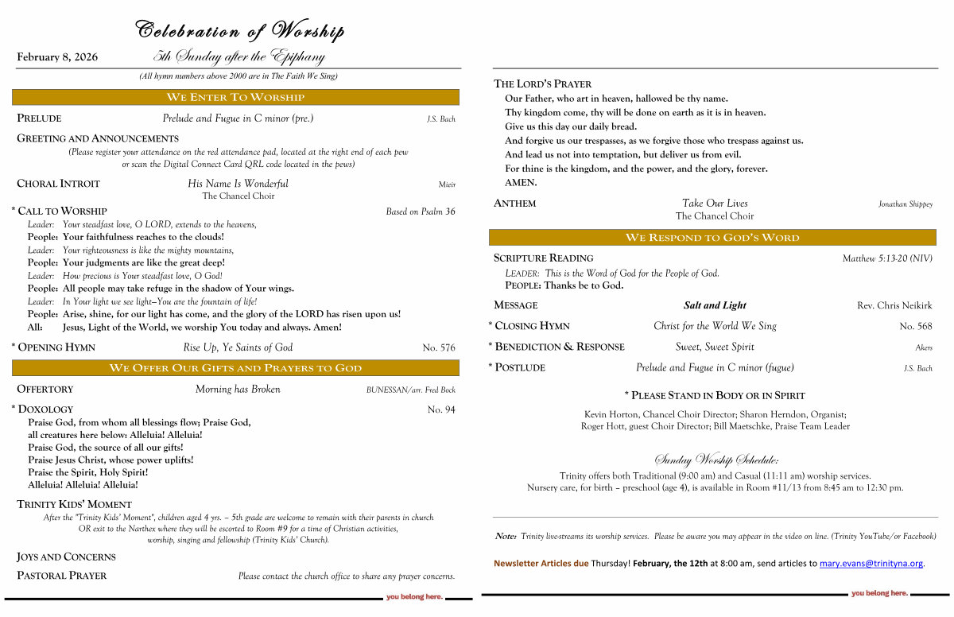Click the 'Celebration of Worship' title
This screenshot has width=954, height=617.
pyautogui.click(x=240, y=31)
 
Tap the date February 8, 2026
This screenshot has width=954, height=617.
pyautogui.click(x=57, y=57)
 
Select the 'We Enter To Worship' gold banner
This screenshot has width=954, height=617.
pyautogui.click(x=235, y=97)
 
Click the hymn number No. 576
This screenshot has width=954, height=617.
pyautogui.click(x=439, y=347)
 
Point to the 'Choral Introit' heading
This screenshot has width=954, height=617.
pyautogui.click(x=59, y=184)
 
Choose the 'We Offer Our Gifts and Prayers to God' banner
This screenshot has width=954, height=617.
pyautogui.click(x=235, y=368)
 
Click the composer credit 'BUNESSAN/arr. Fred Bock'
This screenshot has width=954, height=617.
pyautogui.click(x=410, y=390)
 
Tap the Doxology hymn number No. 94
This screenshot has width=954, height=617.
pyautogui.click(x=441, y=409)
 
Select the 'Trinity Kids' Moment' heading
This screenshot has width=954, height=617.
pyautogui.click(x=74, y=504)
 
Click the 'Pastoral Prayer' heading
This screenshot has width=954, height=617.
pyautogui.click(x=62, y=576)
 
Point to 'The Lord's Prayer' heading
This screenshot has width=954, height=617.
pyautogui.click(x=543, y=83)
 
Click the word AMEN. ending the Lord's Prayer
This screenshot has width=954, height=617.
pyautogui.click(x=521, y=183)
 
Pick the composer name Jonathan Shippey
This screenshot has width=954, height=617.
pyautogui.click(x=906, y=204)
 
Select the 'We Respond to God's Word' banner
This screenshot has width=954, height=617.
pyautogui.click(x=712, y=238)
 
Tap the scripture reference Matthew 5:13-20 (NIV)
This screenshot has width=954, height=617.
pyautogui.click(x=887, y=258)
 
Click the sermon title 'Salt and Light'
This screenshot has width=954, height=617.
pyautogui.click(x=715, y=305)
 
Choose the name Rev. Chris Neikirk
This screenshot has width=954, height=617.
pyautogui.click(x=894, y=305)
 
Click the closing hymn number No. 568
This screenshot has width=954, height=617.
pyautogui.click(x=916, y=326)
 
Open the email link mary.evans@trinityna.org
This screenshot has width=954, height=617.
pyautogui.click(x=871, y=564)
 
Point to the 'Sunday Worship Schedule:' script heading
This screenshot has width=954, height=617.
pyautogui.click(x=715, y=460)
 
